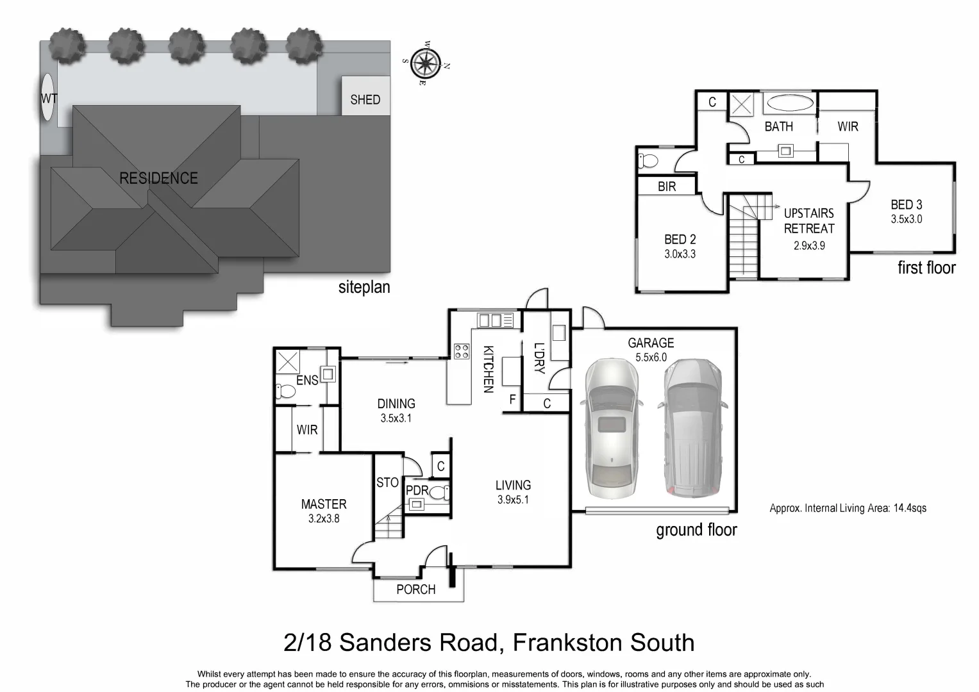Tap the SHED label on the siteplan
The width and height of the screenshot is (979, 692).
(365, 100)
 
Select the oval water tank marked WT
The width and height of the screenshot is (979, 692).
(47, 97)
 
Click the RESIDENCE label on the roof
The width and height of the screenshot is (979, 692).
(158, 178)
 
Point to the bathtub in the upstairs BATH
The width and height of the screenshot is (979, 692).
(790, 104)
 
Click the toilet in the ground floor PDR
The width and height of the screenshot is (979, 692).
(440, 492)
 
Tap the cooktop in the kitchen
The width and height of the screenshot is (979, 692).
(461, 350)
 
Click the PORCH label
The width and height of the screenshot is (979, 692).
(415, 589)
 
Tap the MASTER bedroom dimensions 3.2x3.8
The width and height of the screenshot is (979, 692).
(324, 519)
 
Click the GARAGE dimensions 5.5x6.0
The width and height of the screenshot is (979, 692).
(651, 358)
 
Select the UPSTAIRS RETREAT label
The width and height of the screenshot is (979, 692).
(809, 220)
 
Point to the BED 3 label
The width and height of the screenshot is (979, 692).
(906, 205)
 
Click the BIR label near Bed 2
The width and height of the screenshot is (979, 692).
(667, 186)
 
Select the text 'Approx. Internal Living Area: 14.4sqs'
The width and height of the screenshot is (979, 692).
(848, 508)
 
